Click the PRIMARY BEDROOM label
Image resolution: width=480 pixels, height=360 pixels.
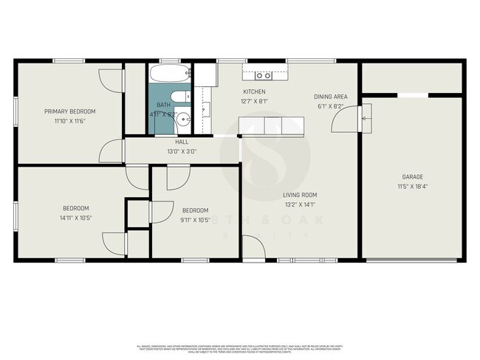click(70, 111)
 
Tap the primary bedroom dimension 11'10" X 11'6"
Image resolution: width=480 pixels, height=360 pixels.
click(70, 120)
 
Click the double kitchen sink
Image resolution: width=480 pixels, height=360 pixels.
click(263, 75)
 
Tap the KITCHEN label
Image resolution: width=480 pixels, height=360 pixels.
click(255, 91)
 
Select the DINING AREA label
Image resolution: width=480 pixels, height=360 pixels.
click(330, 97)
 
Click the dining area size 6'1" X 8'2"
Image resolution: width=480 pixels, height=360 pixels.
click(330, 105)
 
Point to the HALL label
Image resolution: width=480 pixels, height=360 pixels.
click(182, 142)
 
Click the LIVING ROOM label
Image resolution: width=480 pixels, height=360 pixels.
click(300, 195)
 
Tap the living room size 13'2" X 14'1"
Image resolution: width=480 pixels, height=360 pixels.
click(300, 204)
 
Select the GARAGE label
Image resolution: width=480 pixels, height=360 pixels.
click(412, 177)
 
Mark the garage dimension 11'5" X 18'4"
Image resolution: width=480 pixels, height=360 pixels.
click(412, 186)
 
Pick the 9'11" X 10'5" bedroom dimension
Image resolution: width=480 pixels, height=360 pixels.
click(195, 219)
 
